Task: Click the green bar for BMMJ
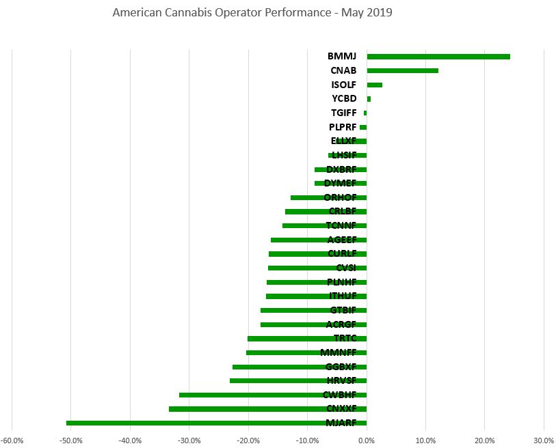point(438,57)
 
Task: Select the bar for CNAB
point(402,70)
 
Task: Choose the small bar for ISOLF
point(375,85)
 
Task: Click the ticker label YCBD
point(344,99)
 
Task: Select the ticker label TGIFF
point(343,113)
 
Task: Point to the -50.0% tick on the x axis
point(71,440)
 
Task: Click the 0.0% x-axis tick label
point(367,440)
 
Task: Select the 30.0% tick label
point(544,440)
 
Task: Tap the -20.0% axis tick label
point(248,440)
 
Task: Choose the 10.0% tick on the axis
point(425,440)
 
